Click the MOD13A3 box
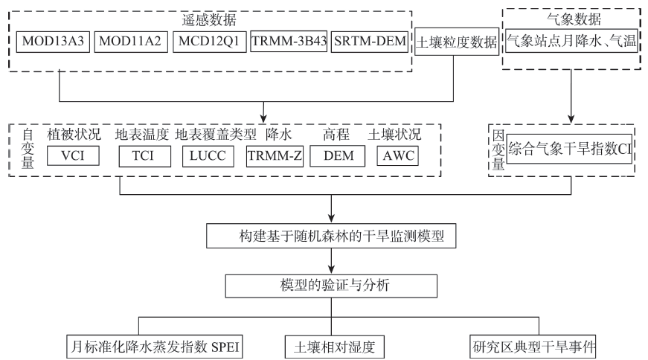click(52, 42)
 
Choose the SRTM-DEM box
click(370, 42)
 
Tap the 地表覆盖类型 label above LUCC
click(215, 135)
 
